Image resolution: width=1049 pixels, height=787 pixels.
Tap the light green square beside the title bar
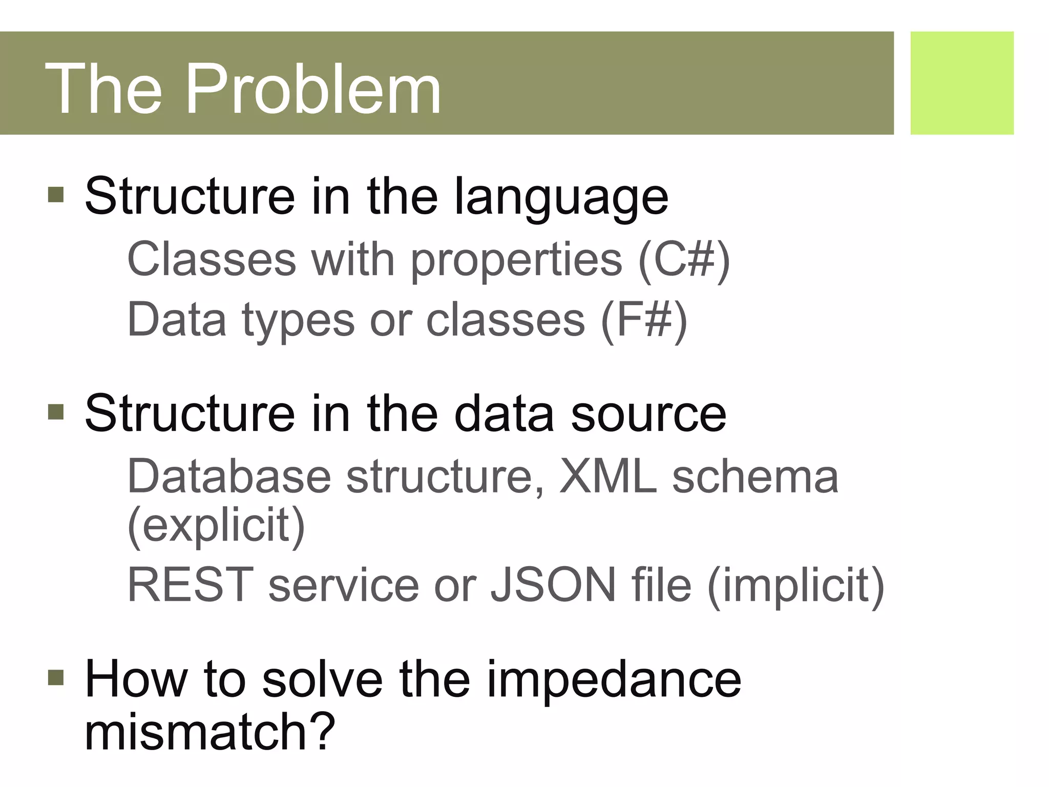[x=961, y=83]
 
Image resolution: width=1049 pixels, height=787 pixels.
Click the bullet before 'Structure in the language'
[x=56, y=195]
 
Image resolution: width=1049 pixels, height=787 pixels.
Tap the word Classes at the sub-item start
[x=212, y=259]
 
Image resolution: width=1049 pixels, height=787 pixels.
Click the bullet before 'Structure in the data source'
[x=56, y=412]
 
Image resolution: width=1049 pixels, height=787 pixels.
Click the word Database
[x=229, y=477]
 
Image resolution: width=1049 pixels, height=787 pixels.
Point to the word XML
[x=608, y=477]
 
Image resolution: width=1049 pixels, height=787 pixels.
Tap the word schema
[x=756, y=477]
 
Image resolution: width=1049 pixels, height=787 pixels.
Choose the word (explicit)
[x=216, y=526]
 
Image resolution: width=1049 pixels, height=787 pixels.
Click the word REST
[x=190, y=585]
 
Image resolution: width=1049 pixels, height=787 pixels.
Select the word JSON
[x=553, y=585]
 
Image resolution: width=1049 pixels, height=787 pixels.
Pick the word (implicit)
[x=795, y=586]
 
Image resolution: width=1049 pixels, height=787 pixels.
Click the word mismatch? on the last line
[x=209, y=731]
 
